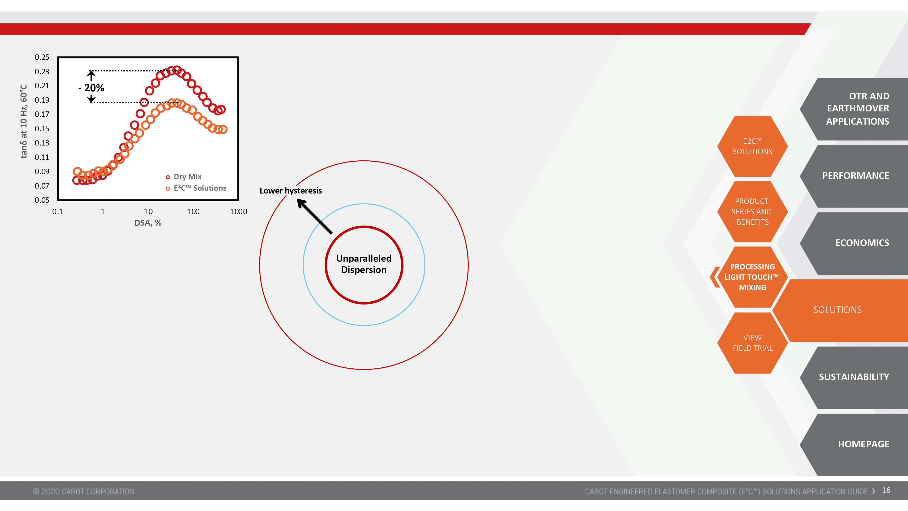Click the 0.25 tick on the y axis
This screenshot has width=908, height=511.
42,57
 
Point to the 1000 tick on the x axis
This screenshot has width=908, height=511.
238,211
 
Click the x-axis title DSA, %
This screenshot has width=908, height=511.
148,223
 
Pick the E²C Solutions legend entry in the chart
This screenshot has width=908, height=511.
196,188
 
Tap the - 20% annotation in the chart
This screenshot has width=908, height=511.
91,88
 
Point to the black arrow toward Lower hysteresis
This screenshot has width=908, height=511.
314,216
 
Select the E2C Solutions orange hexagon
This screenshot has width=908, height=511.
753,146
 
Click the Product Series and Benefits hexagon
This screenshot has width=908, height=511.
753,211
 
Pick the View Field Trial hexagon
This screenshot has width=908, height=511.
753,343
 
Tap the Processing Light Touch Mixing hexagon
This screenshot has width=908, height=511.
753,277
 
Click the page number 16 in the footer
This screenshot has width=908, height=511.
886,491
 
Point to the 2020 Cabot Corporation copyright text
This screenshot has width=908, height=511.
83,492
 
